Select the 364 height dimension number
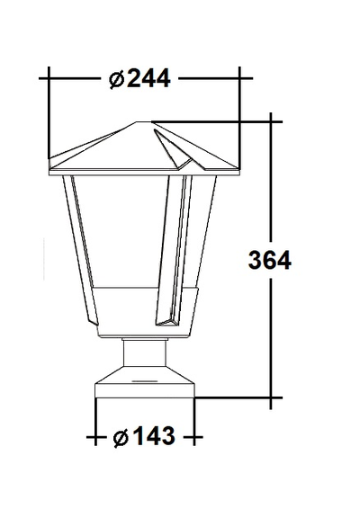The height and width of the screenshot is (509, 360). [x=270, y=260]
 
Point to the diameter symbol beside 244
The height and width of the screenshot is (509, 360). [x=116, y=79]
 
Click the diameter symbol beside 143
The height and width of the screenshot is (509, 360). [x=121, y=437]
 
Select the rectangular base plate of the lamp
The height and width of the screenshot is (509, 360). [x=145, y=391]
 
